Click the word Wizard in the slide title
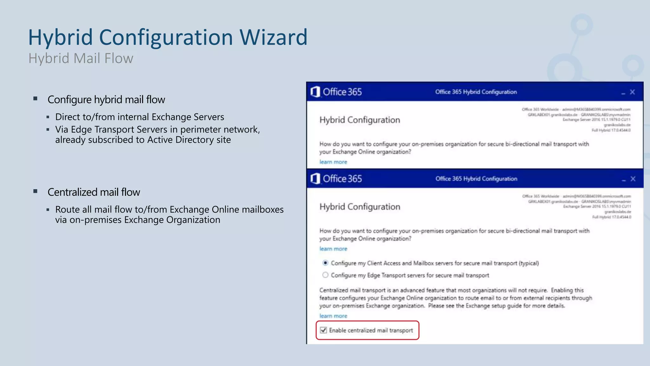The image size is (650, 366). click(273, 37)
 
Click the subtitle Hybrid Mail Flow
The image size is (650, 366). click(81, 58)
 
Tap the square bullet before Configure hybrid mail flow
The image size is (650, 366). click(36, 99)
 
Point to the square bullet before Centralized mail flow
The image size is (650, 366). click(36, 191)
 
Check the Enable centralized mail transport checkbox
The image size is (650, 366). click(323, 330)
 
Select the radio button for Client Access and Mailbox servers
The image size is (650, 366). click(325, 263)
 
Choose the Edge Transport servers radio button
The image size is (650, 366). click(325, 275)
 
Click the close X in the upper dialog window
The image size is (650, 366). click(632, 92)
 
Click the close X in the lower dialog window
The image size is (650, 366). click(633, 179)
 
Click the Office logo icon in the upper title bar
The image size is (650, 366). click(315, 92)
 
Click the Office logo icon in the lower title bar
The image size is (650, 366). click(315, 179)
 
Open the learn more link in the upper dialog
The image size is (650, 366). click(333, 162)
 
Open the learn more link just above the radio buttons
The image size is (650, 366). click(333, 249)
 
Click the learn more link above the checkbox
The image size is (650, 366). click(333, 316)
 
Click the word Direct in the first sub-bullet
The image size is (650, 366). click(68, 117)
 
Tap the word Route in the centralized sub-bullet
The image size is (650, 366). click(68, 210)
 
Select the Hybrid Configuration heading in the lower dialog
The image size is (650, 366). click(360, 207)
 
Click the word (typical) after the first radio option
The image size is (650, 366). click(528, 263)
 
